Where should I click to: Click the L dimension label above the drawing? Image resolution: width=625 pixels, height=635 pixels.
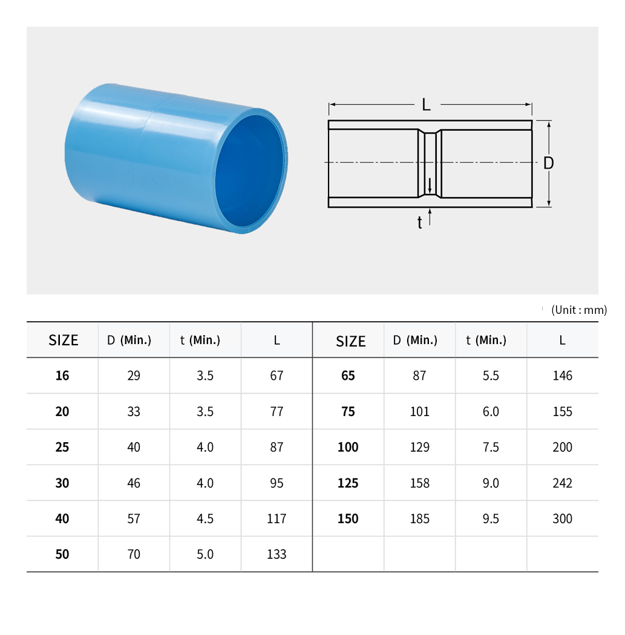pos(426,105)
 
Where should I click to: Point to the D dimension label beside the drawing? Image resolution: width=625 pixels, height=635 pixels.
pos(548,163)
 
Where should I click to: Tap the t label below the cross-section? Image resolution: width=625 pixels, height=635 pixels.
pos(420,223)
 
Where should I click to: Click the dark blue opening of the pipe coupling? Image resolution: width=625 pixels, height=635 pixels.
pos(249,173)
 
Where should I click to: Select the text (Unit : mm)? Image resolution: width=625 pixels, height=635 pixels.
pos(579,310)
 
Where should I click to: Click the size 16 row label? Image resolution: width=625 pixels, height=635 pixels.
pos(62,376)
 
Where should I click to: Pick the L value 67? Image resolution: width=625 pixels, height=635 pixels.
pos(277,376)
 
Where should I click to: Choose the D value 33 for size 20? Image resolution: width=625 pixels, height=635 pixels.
pos(134,411)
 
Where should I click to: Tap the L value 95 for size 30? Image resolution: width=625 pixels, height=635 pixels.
pos(277,483)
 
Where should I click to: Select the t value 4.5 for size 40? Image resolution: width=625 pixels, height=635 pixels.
pos(205,518)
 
